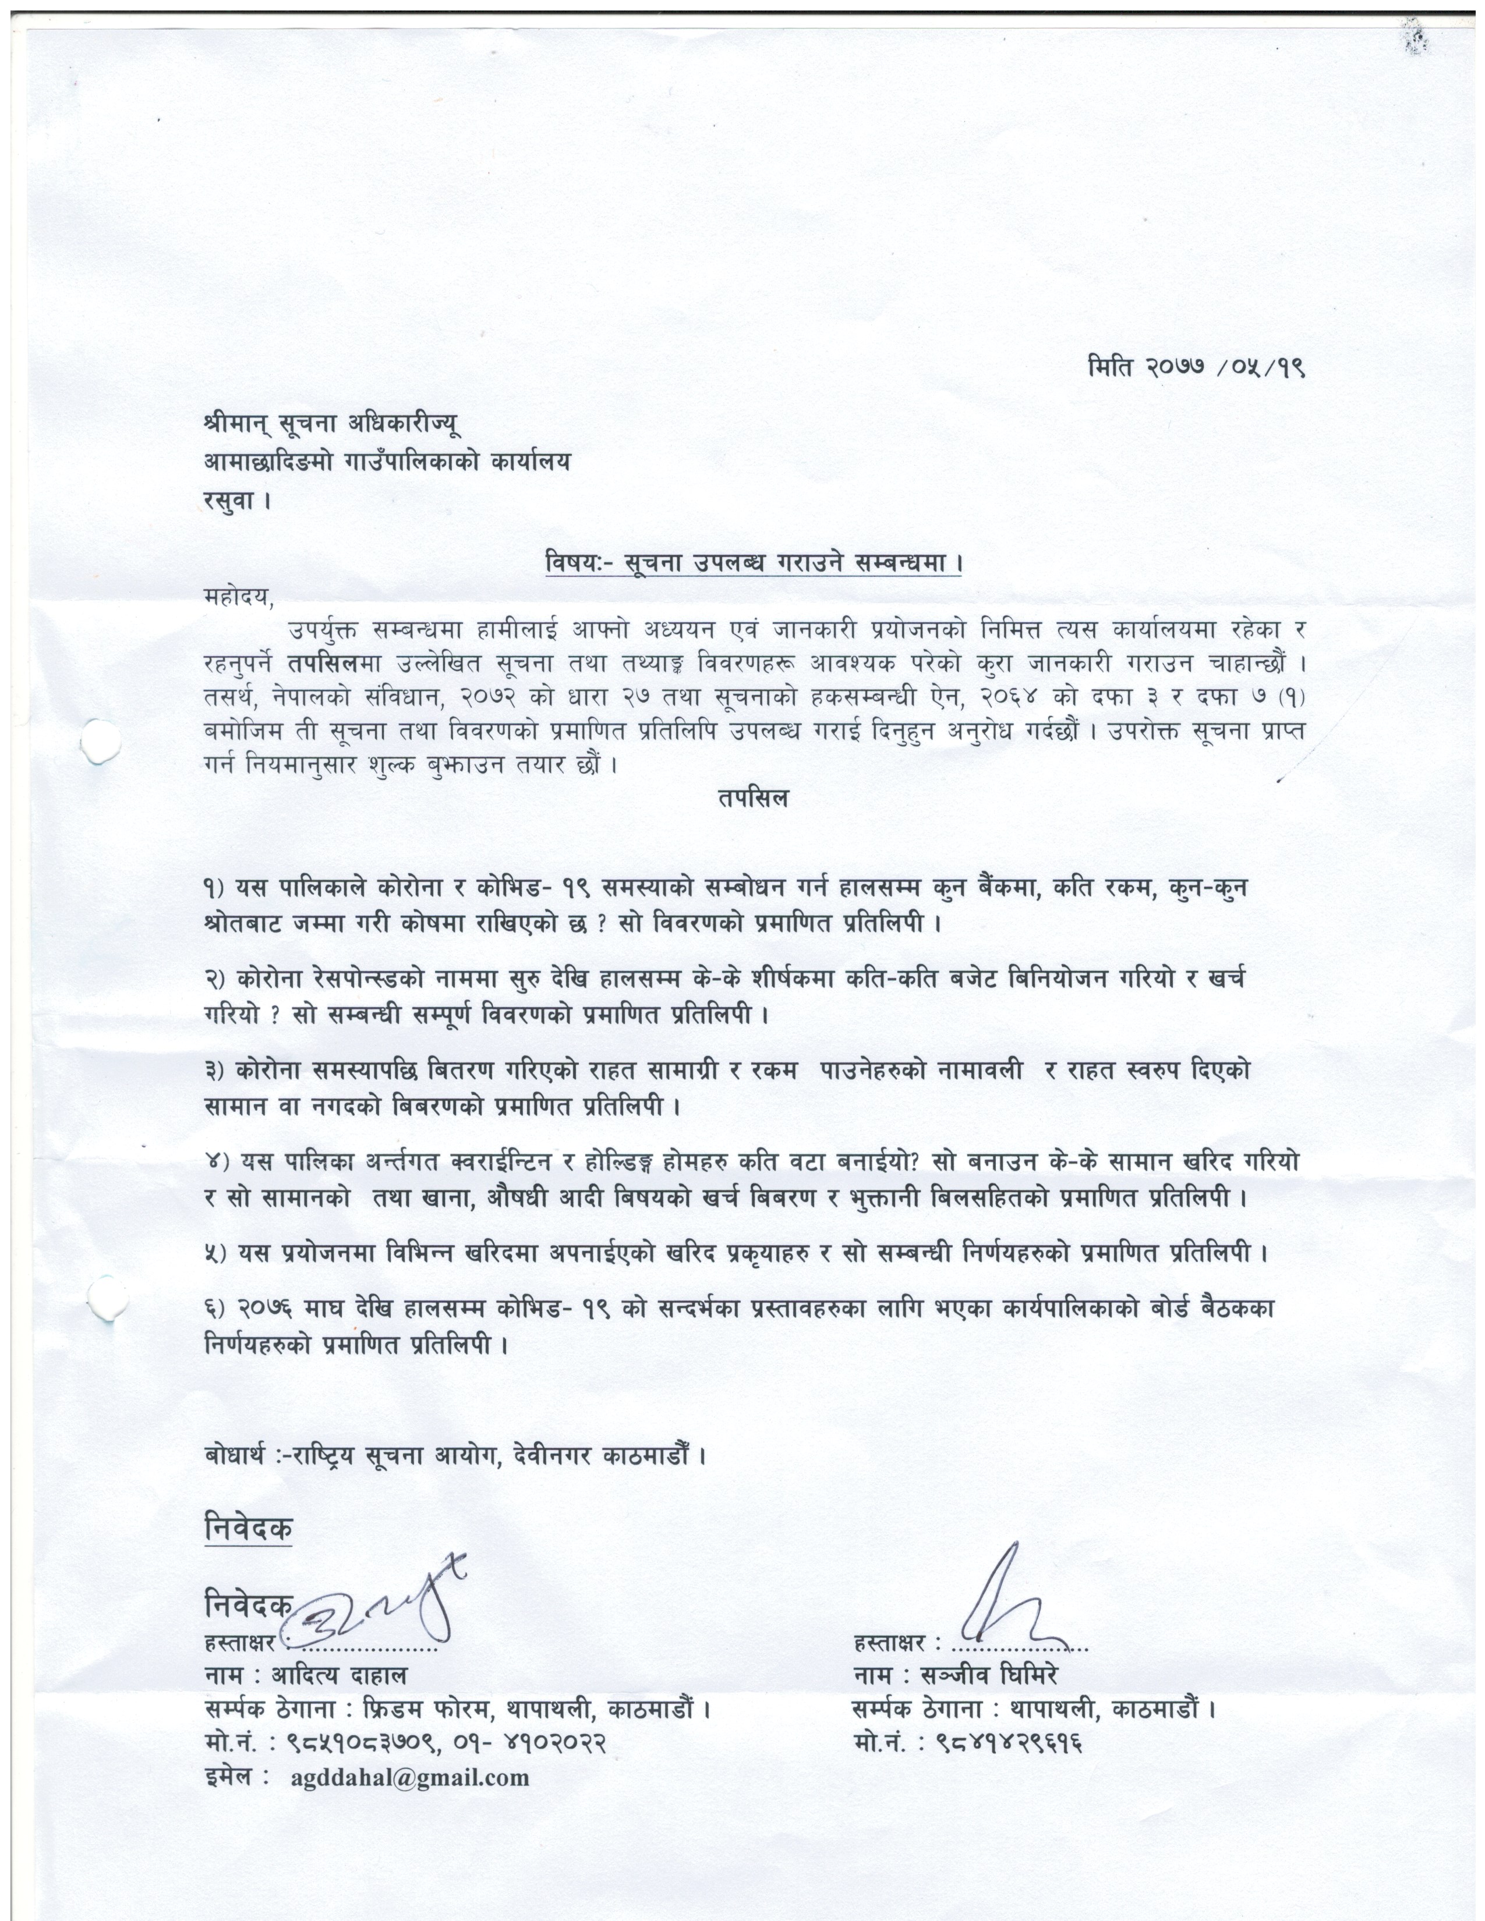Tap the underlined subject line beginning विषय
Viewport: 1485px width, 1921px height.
(752, 562)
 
